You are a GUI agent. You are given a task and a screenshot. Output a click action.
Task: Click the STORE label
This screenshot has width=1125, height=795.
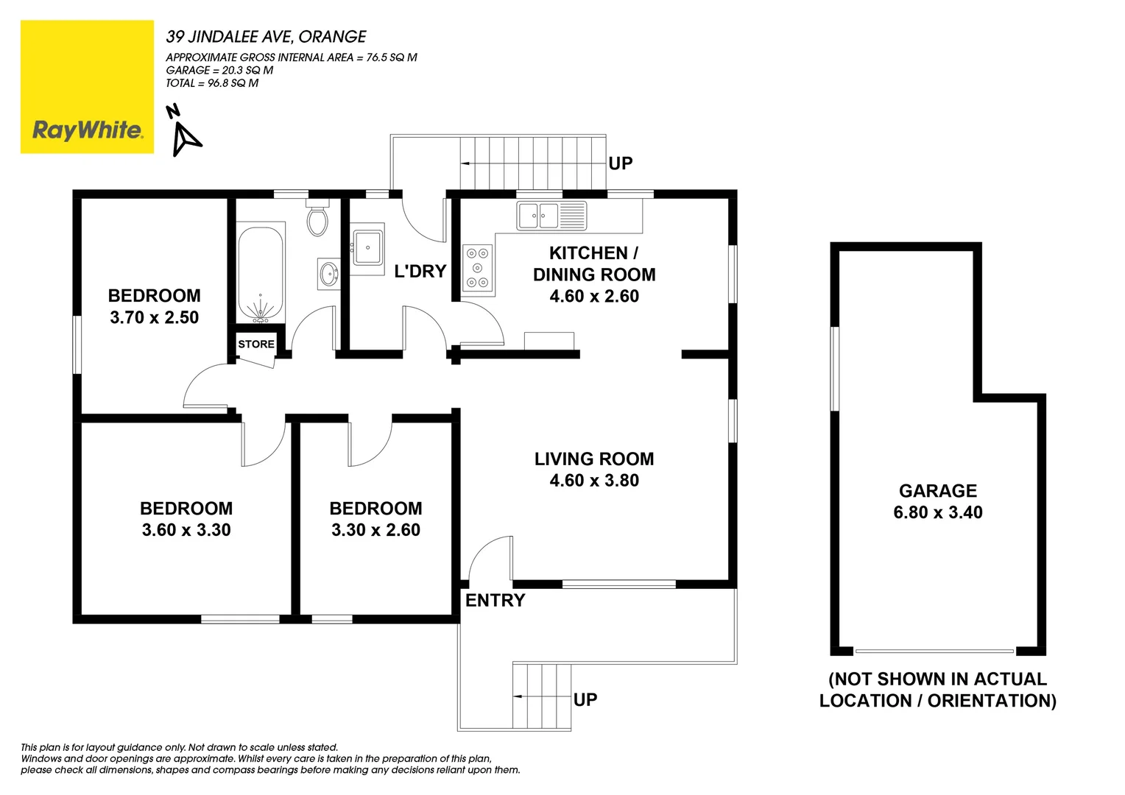pos(255,344)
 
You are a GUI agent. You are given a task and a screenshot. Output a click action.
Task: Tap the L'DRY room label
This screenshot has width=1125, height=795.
pos(420,271)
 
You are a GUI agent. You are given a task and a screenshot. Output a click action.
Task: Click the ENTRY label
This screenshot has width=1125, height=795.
pos(495,600)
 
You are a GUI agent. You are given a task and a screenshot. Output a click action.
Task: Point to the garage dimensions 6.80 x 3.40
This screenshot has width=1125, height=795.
pos(937,512)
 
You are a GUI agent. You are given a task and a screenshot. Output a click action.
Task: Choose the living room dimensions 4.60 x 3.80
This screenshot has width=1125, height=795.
pos(593,480)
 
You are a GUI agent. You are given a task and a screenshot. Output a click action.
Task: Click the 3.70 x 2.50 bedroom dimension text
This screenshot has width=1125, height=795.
pos(154,317)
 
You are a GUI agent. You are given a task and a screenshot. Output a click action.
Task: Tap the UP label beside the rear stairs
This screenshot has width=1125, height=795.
pos(620,163)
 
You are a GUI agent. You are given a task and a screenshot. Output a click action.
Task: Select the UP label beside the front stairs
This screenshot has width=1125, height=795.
pos(585,699)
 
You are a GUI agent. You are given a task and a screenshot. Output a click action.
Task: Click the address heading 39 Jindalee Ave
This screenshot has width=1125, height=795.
pos(266,36)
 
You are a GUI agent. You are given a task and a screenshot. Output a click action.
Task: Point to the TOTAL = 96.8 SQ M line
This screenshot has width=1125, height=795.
pos(212,83)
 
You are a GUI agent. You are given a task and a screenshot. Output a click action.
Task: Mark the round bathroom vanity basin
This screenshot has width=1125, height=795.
pos(328,274)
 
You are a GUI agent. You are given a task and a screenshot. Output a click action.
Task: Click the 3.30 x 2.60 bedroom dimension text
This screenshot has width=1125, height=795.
pos(375,530)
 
